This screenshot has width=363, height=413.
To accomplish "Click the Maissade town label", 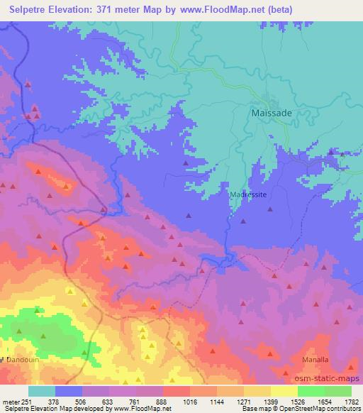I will click(272, 113).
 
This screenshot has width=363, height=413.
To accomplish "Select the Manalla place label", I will click(315, 360).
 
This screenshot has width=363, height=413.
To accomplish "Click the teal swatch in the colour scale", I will click(42, 391).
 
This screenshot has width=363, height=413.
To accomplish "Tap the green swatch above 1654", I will click(311, 391).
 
